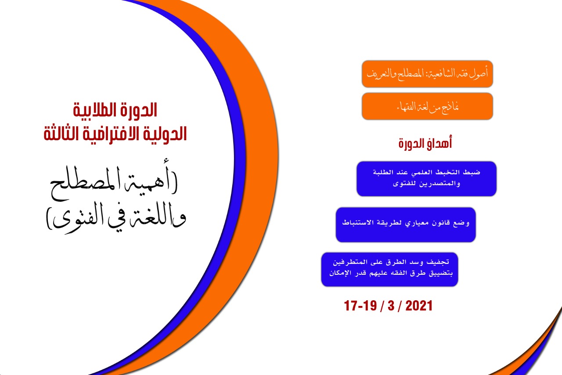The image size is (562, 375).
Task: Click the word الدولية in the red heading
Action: pos(165,135)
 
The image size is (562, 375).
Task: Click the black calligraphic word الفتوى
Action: pos(75,218)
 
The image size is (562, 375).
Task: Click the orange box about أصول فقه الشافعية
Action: pos(427,74)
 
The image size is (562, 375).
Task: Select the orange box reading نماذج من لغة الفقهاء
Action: pos(427,106)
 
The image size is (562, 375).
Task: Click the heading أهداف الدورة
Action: pos(425,144)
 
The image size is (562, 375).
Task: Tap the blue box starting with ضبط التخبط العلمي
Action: pos(426,178)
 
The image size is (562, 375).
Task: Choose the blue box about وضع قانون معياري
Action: pos(406,225)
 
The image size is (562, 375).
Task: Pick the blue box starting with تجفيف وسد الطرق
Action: pos(389,269)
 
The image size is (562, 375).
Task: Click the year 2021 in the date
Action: pos(419,306)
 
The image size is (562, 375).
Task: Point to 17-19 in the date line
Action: pos(360,306)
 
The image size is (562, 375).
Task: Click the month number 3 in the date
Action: pos(391,306)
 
